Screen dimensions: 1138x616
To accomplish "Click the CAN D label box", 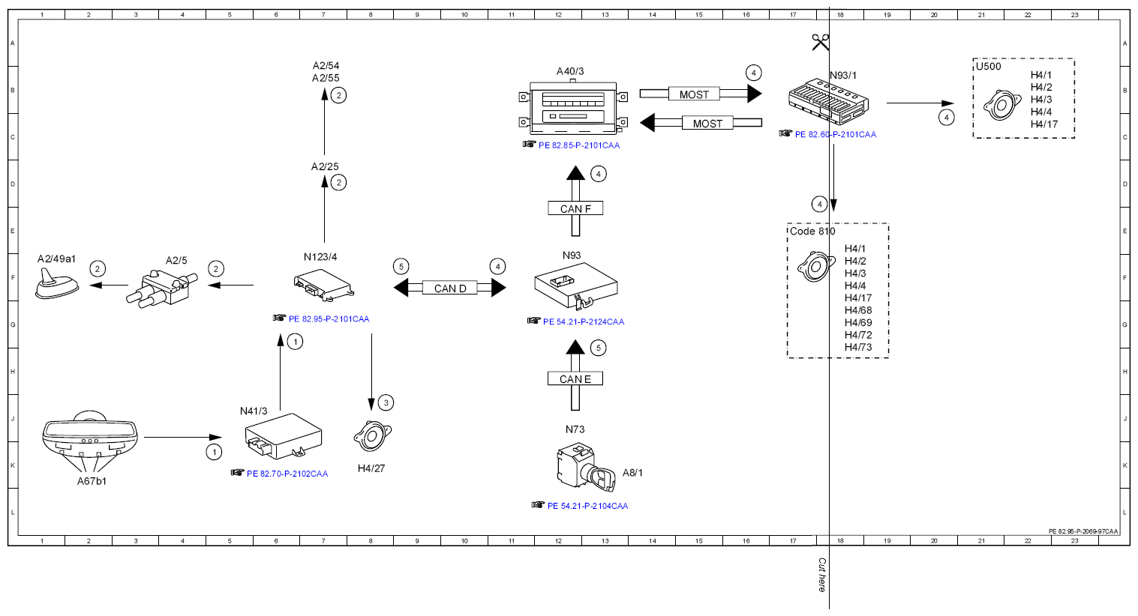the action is tap(450, 289).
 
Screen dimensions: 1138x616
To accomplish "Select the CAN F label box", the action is tap(575, 208).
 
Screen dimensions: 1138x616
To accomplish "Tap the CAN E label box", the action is tap(575, 378).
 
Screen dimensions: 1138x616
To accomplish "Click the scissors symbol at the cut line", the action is tap(820, 42).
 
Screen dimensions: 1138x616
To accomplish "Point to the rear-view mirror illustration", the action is tap(90, 435).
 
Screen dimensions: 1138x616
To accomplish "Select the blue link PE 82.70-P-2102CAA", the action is tap(287, 474).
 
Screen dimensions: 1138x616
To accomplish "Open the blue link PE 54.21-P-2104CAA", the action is tap(588, 506).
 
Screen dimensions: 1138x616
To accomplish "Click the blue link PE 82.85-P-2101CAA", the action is tap(579, 145).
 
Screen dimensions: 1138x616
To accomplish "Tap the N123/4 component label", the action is tap(320, 257).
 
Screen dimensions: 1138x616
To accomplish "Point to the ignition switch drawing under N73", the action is tap(585, 467).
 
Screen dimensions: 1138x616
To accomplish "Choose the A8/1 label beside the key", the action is tap(632, 472).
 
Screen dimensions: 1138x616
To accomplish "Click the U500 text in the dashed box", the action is tap(989, 67).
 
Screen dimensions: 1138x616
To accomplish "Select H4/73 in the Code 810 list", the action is tap(858, 347).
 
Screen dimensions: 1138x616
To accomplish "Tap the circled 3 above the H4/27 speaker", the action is tap(386, 403).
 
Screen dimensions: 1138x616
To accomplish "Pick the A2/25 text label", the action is tap(325, 166).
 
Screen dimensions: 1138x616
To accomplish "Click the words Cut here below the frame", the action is tap(821, 575).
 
